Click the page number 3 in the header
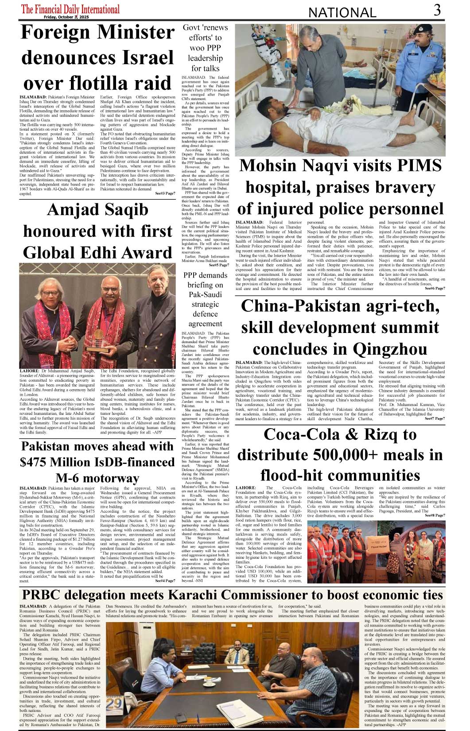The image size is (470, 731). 437,10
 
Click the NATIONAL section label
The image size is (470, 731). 342,13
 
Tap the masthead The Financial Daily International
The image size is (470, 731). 70,9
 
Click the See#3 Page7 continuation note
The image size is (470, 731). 165,194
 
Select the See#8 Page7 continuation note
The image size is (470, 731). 435,515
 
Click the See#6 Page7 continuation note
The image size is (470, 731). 435,288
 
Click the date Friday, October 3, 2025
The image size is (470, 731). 66,17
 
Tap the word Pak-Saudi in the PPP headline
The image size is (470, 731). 205,294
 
